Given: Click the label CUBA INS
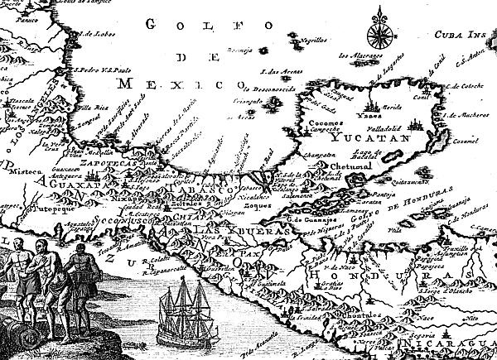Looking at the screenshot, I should point(461,36).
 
